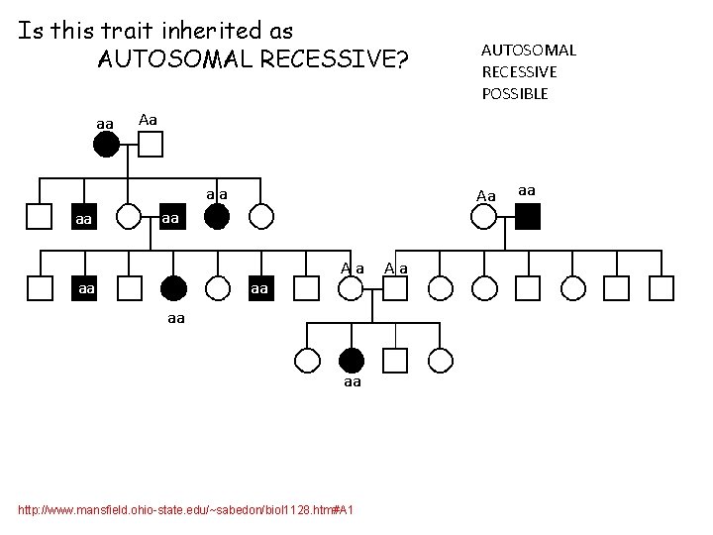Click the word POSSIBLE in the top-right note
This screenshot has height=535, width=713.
point(514,94)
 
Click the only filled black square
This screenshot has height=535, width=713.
point(528,216)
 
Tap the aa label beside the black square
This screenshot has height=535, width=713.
point(527,189)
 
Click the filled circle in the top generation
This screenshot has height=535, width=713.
point(107,145)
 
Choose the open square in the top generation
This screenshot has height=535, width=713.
point(150,145)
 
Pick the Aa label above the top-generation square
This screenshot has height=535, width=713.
point(148,120)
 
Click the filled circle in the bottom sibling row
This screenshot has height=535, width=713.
point(352,361)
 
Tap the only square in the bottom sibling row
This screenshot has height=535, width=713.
point(395,361)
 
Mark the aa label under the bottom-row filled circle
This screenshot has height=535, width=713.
point(352,382)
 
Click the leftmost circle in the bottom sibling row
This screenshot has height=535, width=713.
point(307,361)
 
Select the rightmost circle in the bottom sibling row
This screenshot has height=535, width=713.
point(440,361)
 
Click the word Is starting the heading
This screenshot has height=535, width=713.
point(31,31)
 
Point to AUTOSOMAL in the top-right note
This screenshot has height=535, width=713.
point(528,50)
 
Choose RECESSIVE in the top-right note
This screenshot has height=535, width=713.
point(519,71)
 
